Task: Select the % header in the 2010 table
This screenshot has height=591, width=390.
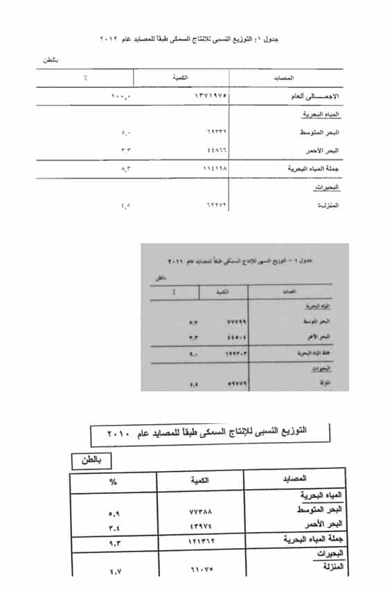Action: tap(114, 481)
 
